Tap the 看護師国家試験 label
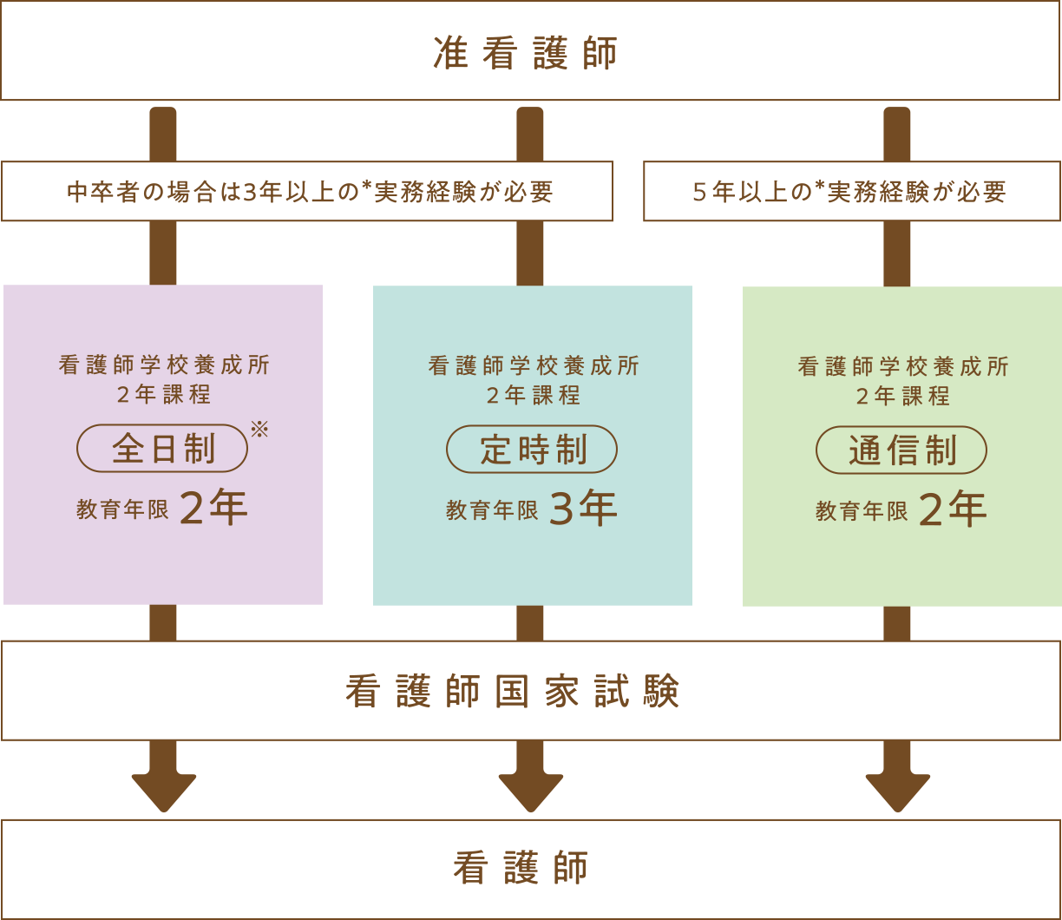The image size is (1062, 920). click(x=512, y=692)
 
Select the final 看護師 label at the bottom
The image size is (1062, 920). click(x=521, y=868)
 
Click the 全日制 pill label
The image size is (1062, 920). click(x=163, y=448)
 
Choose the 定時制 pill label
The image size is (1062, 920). click(x=532, y=450)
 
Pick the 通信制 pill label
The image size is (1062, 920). click(x=901, y=450)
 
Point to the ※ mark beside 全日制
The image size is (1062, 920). click(x=259, y=429)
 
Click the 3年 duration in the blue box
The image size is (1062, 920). click(x=583, y=509)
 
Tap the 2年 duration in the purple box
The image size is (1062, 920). click(x=213, y=509)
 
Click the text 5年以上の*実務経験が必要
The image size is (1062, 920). click(x=849, y=191)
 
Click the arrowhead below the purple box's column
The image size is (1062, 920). click(x=164, y=791)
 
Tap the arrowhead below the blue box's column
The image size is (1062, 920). click(x=531, y=791)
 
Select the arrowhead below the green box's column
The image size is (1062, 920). click(x=898, y=791)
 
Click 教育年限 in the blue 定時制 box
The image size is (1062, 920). click(x=492, y=510)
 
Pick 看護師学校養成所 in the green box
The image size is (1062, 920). click(x=903, y=366)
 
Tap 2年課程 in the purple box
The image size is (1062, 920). click(x=164, y=394)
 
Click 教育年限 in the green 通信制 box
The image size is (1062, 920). click(x=862, y=511)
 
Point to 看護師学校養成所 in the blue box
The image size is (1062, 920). click(x=534, y=366)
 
